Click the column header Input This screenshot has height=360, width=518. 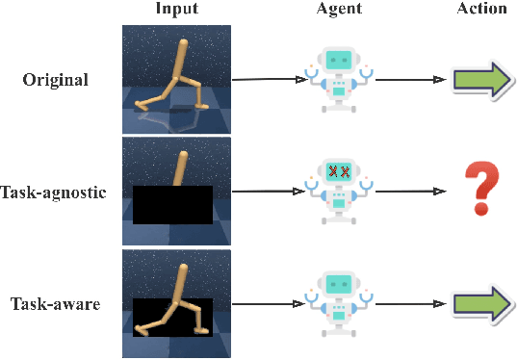[x=177, y=10]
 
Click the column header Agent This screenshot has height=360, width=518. [x=334, y=10]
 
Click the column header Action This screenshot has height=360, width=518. [x=482, y=10]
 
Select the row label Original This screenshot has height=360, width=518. [x=56, y=79]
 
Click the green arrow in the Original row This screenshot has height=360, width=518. [x=482, y=79]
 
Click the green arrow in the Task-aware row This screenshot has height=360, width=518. [x=482, y=304]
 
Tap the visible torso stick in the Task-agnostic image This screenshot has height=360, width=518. [x=179, y=167]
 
